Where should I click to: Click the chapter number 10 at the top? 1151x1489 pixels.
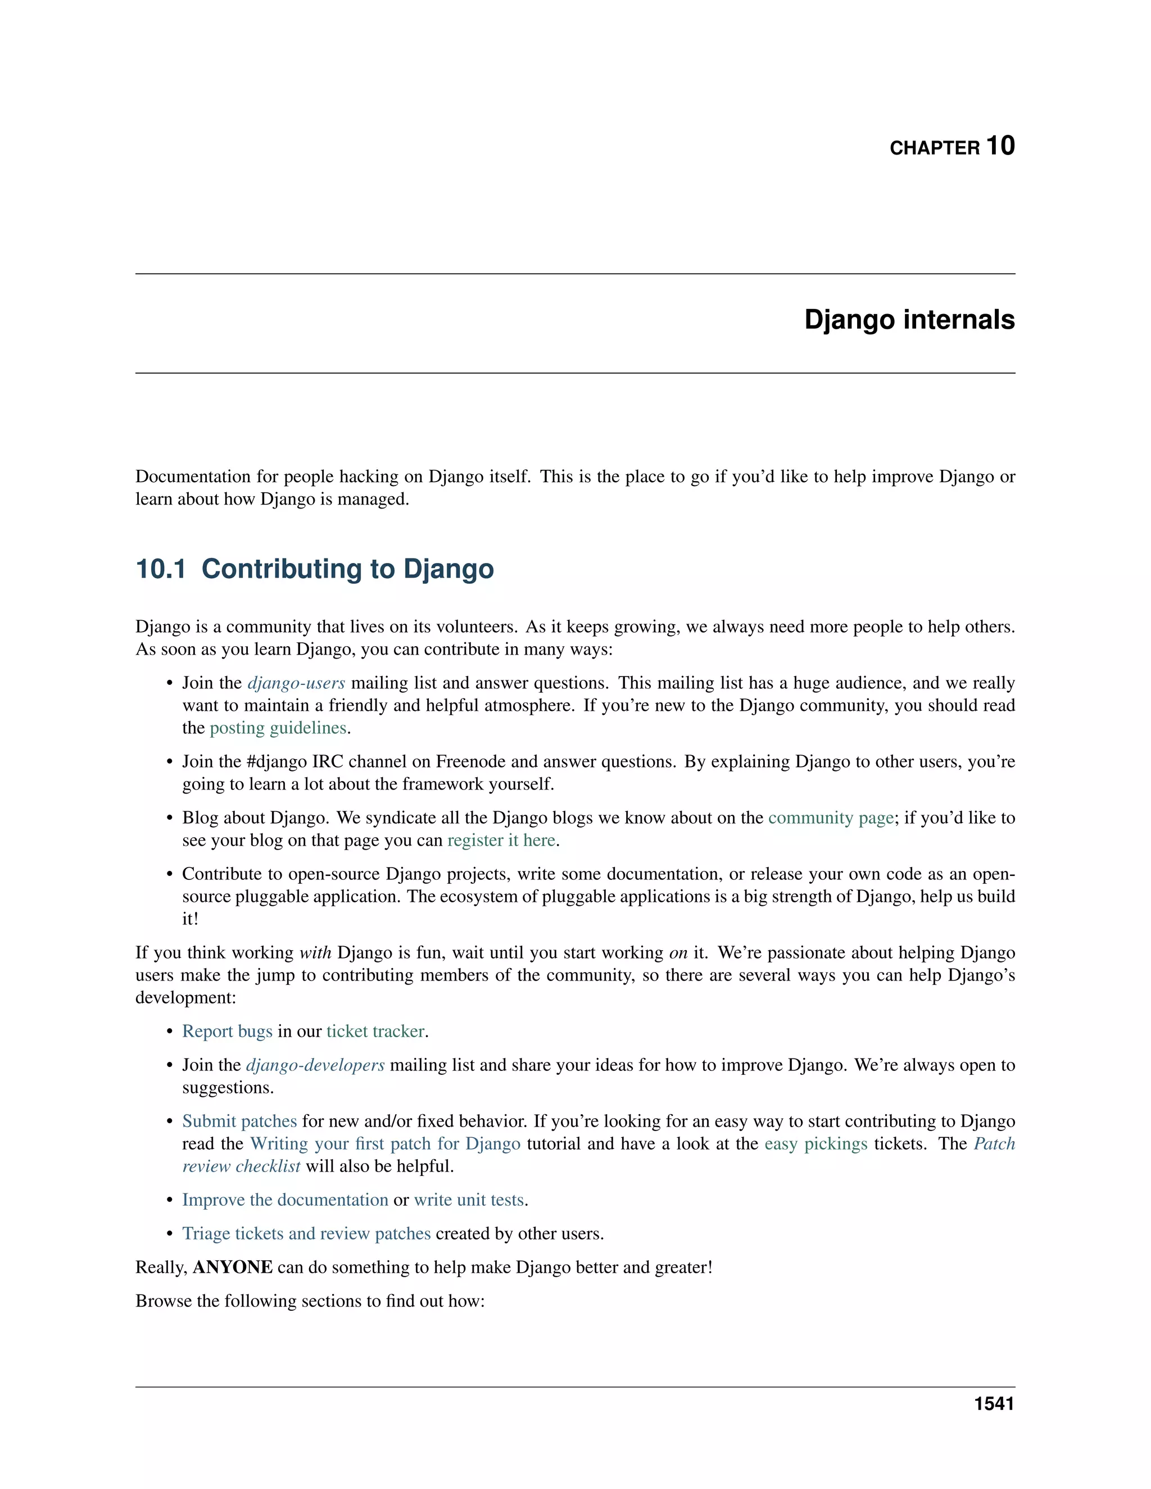click(1000, 146)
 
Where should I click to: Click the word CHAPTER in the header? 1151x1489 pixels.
click(934, 148)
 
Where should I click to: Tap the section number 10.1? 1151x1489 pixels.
click(161, 569)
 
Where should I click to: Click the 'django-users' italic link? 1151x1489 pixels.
click(296, 683)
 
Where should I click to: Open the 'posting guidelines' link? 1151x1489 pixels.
click(278, 728)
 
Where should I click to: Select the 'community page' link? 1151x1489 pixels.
click(831, 818)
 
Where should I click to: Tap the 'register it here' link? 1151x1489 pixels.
click(501, 841)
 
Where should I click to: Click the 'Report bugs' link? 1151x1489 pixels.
click(227, 1032)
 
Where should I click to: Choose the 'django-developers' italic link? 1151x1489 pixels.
click(315, 1065)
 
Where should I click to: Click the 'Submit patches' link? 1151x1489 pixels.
click(239, 1122)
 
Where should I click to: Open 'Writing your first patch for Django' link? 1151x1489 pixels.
click(385, 1144)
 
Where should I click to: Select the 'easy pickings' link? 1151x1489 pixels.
click(815, 1144)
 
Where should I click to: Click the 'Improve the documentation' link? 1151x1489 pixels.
click(285, 1200)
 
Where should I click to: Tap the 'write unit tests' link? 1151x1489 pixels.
click(469, 1200)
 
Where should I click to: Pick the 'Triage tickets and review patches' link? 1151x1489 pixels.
click(306, 1234)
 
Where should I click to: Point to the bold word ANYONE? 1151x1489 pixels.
click(233, 1268)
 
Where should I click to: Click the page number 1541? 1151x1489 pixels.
click(994, 1405)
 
